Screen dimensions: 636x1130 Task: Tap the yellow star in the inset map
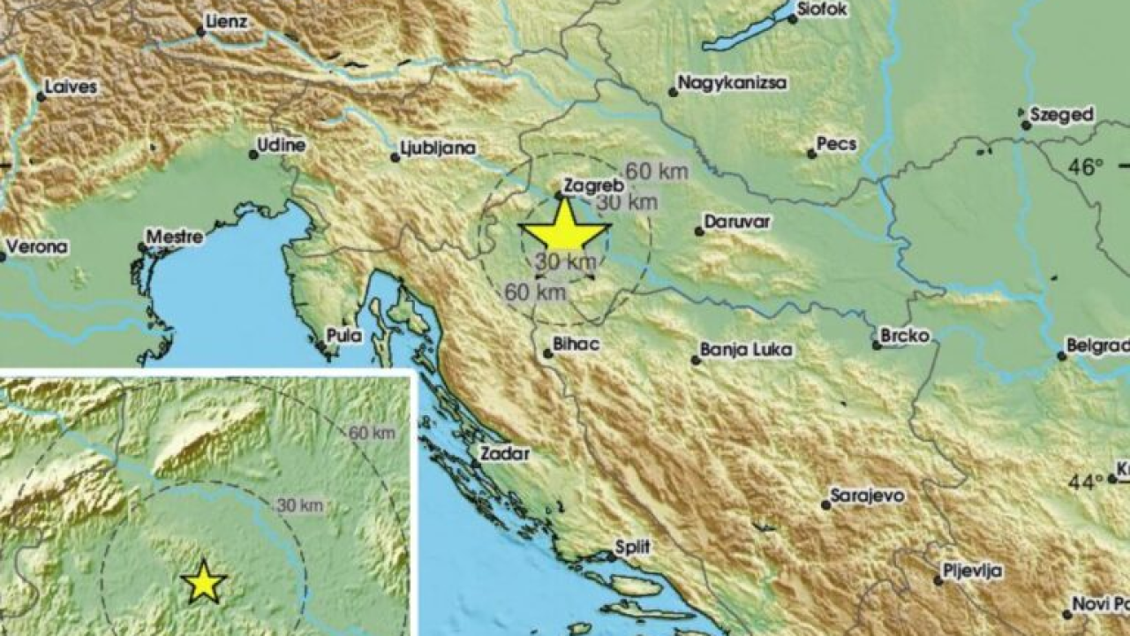tap(204, 581)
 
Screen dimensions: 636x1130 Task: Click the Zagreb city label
tap(594, 185)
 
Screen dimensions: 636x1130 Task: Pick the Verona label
tap(38, 247)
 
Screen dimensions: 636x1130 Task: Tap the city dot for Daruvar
tap(699, 231)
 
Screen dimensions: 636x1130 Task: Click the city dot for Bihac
tap(547, 353)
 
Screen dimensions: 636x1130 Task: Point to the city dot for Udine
tap(253, 155)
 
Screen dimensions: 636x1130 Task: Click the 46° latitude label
tap(1086, 166)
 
